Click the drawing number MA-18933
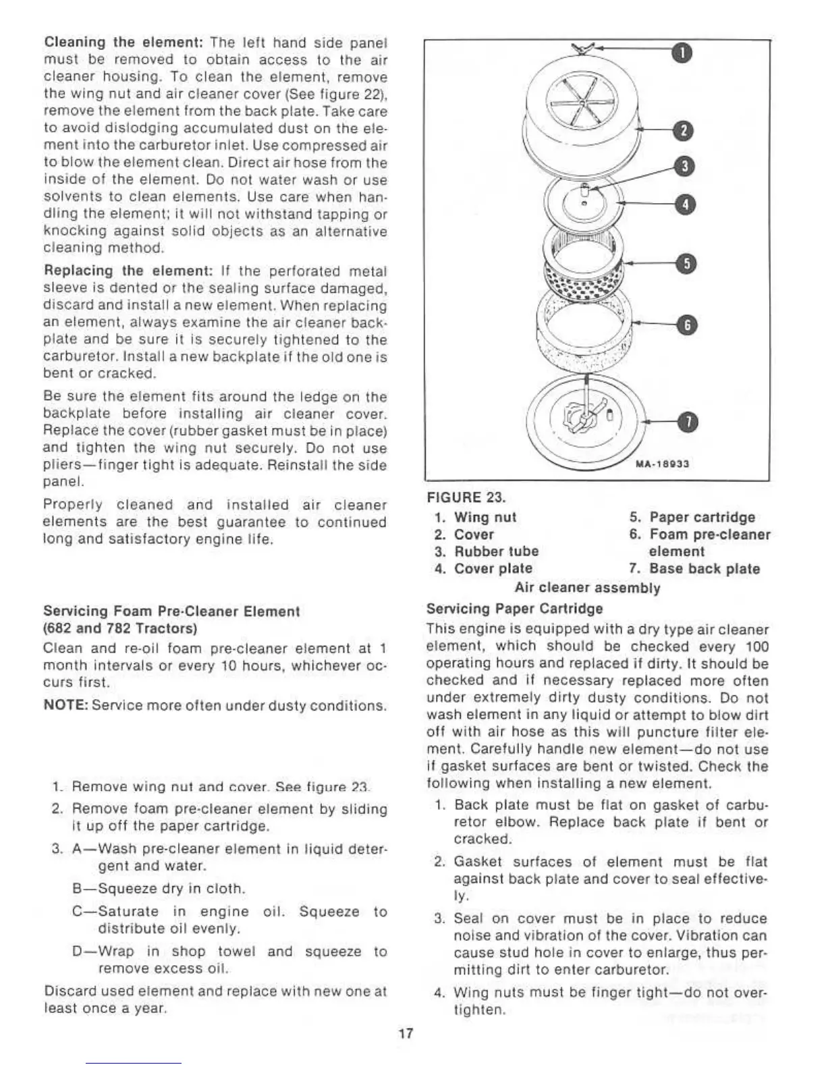pos(661,464)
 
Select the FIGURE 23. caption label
pos(466,497)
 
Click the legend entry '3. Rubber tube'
pos(487,551)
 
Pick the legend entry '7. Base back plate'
pos(694,569)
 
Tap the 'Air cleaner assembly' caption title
pos(587,588)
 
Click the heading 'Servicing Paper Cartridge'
pos(515,609)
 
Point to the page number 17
pos(405,1033)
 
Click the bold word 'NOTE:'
pos(65,706)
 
